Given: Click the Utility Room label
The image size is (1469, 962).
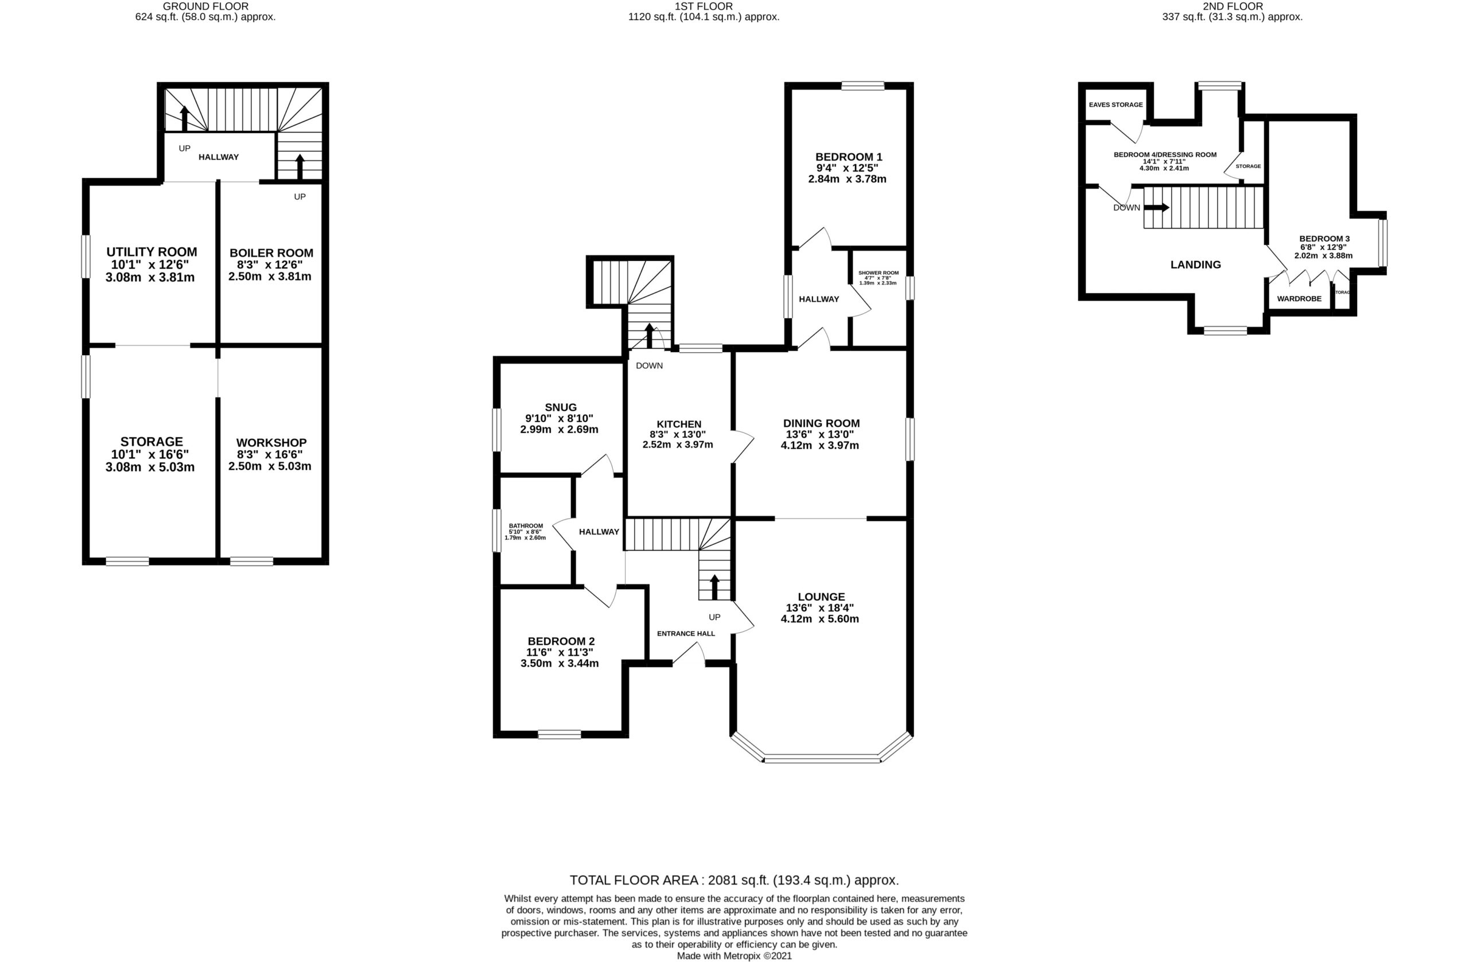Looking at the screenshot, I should [x=151, y=252].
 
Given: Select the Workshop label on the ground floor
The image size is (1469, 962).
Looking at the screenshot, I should [x=271, y=442].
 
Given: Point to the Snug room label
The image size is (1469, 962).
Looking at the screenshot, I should [x=561, y=407].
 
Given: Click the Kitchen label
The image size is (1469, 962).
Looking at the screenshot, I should [x=678, y=424].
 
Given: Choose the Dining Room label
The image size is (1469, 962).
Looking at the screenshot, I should [x=821, y=423].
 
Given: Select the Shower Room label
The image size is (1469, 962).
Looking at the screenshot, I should [x=878, y=272].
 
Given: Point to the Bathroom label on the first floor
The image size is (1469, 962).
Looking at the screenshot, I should [x=526, y=525].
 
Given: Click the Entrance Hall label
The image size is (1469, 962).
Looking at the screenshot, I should [x=686, y=633].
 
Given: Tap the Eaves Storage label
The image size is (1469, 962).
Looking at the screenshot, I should [x=1116, y=105].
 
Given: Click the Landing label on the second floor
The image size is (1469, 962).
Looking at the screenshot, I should [x=1195, y=264].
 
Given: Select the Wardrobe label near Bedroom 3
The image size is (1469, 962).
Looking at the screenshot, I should [x=1299, y=299].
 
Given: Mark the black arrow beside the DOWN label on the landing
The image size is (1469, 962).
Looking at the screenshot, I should [x=1156, y=207].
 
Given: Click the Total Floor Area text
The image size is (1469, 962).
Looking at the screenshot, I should [x=734, y=880].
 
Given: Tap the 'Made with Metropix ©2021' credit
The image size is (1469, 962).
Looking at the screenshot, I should [x=734, y=956].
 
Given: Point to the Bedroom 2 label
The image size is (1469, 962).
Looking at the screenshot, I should [x=561, y=641].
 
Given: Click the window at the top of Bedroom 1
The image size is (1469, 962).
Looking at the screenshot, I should [x=862, y=87].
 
